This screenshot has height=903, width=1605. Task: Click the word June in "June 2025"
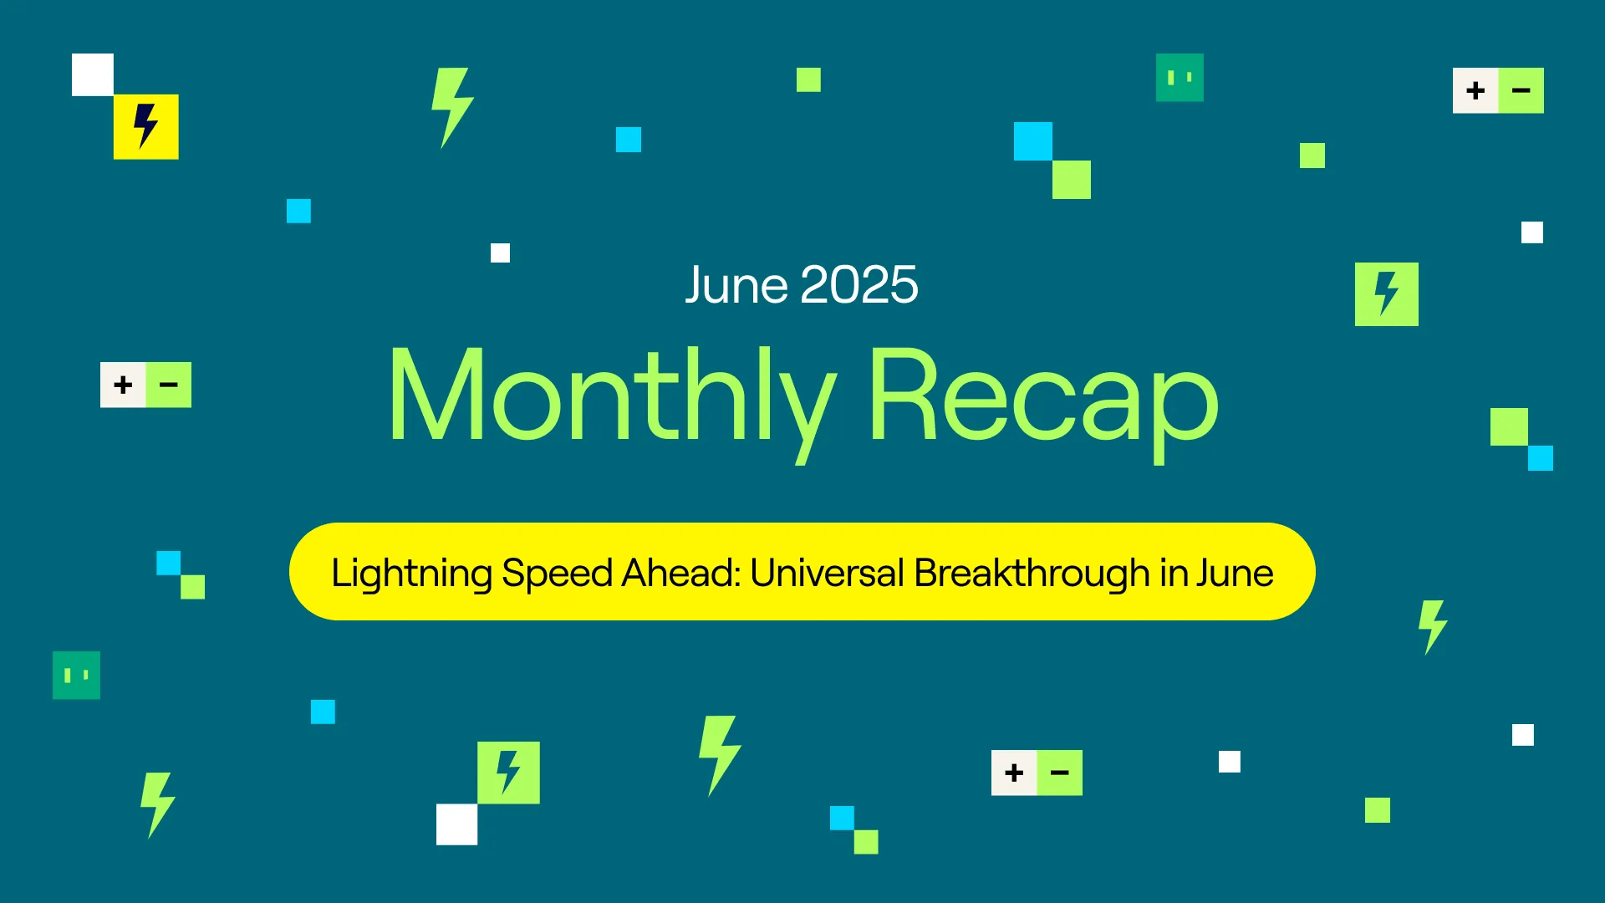click(x=736, y=285)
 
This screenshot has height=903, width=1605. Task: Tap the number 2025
click(x=859, y=285)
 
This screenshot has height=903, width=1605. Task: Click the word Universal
click(x=827, y=573)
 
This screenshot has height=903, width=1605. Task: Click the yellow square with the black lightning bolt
click(x=146, y=127)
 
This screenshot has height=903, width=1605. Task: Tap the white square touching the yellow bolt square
click(x=93, y=74)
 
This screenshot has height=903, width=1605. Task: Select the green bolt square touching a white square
click(x=508, y=773)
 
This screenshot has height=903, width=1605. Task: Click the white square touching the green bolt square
click(x=457, y=824)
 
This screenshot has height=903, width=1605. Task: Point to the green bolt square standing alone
click(x=1387, y=294)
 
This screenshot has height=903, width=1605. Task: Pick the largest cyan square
click(x=1033, y=141)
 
